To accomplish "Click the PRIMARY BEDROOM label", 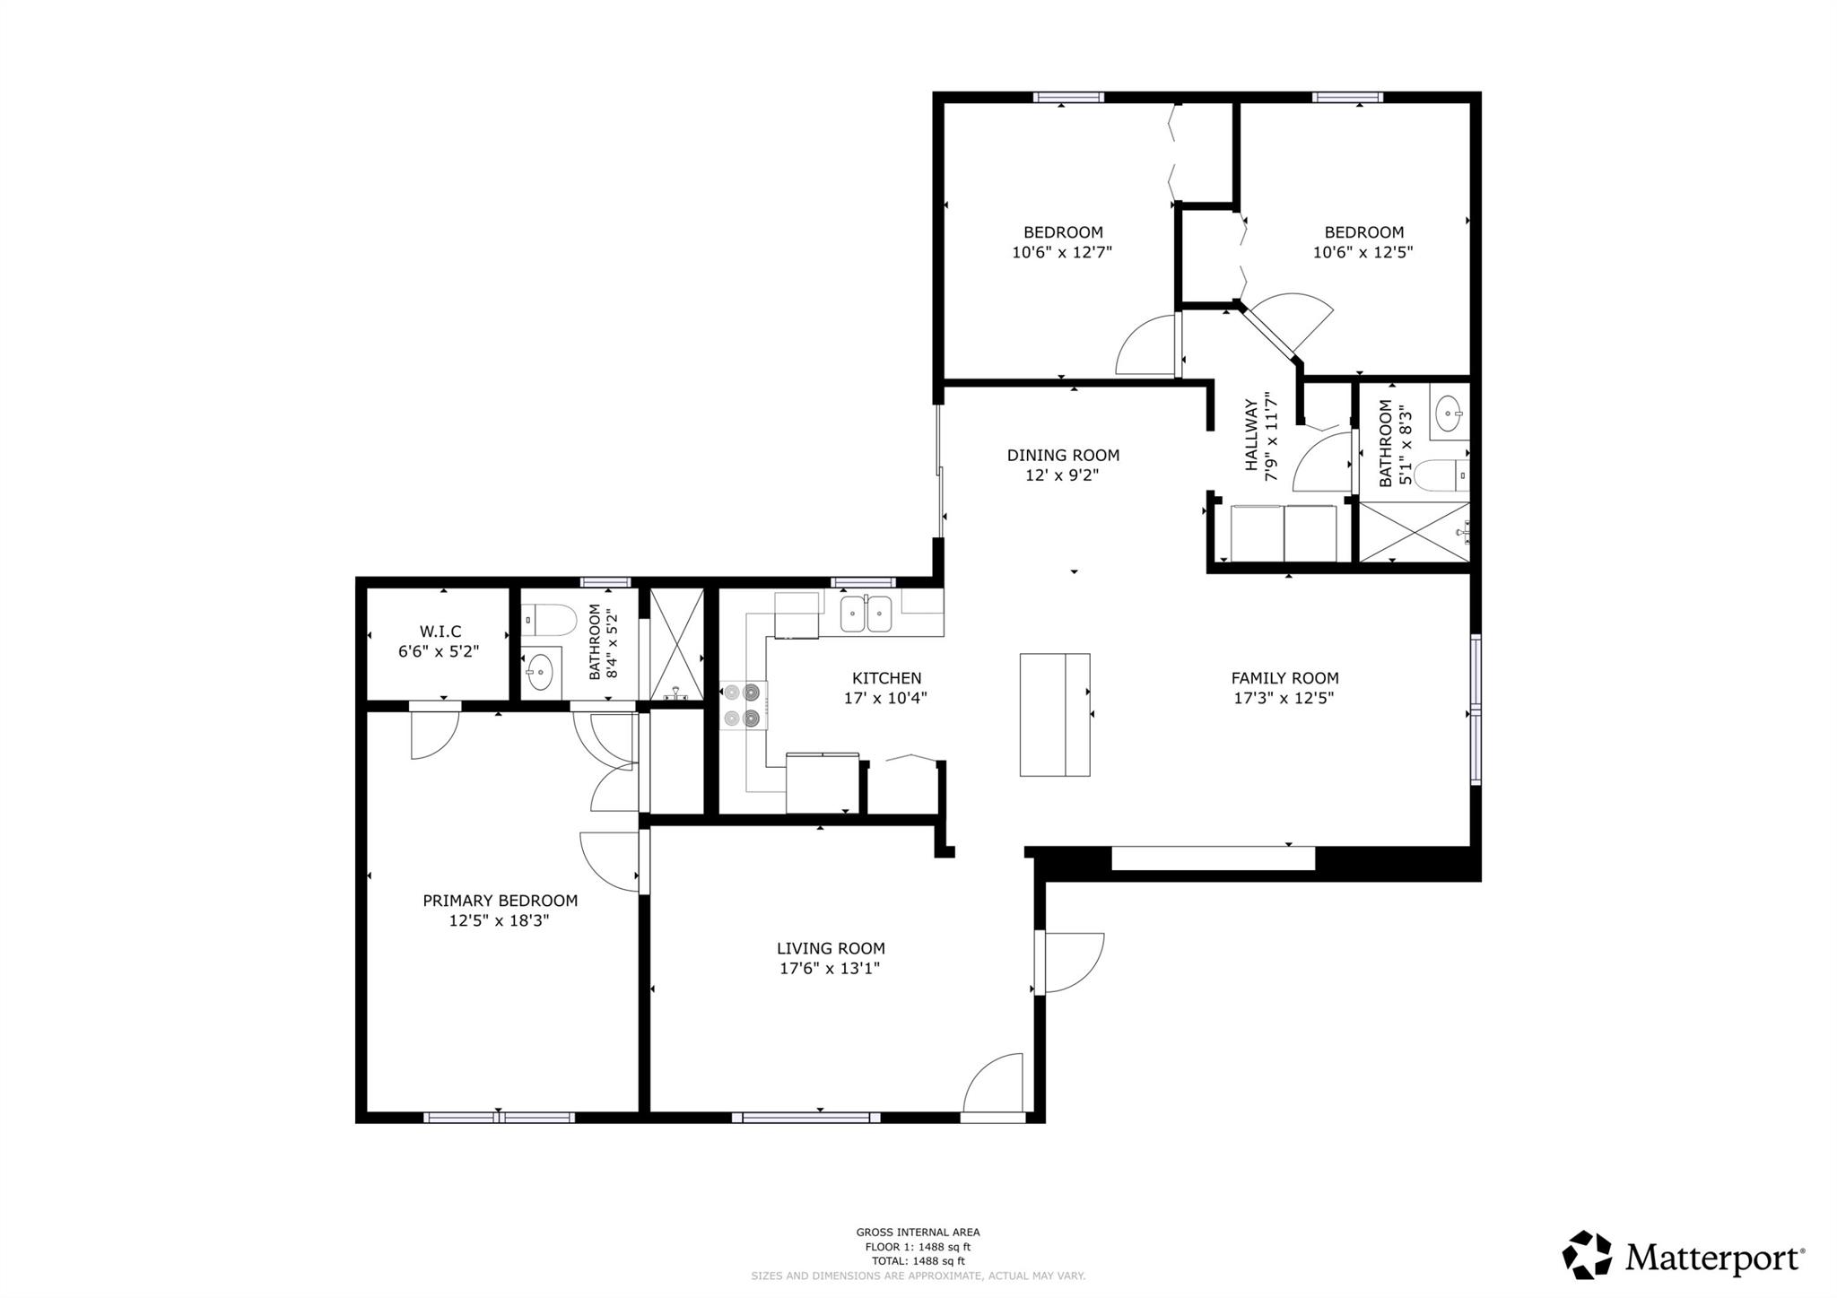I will pos(500,900).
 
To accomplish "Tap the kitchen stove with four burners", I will pos(743,705).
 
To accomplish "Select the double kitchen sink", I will pos(866,614).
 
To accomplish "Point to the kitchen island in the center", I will pos(1055,714).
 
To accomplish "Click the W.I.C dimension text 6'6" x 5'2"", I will pos(439,651).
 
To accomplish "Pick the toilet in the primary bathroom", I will pos(549,619).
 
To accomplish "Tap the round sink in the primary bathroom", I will pos(540,672).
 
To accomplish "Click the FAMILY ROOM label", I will pos(1284,678).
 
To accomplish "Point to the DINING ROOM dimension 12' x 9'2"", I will pos(1062,475).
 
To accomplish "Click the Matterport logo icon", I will pos(1589,1255).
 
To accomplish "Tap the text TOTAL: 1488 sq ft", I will pos(918,1260).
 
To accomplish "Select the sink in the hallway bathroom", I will pos(1448,414).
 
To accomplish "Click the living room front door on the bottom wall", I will pos(993,1087).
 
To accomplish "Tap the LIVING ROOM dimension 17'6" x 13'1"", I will pos(830,968).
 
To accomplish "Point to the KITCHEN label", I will pos(886,678).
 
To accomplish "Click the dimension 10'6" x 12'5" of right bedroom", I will pos(1363,252).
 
